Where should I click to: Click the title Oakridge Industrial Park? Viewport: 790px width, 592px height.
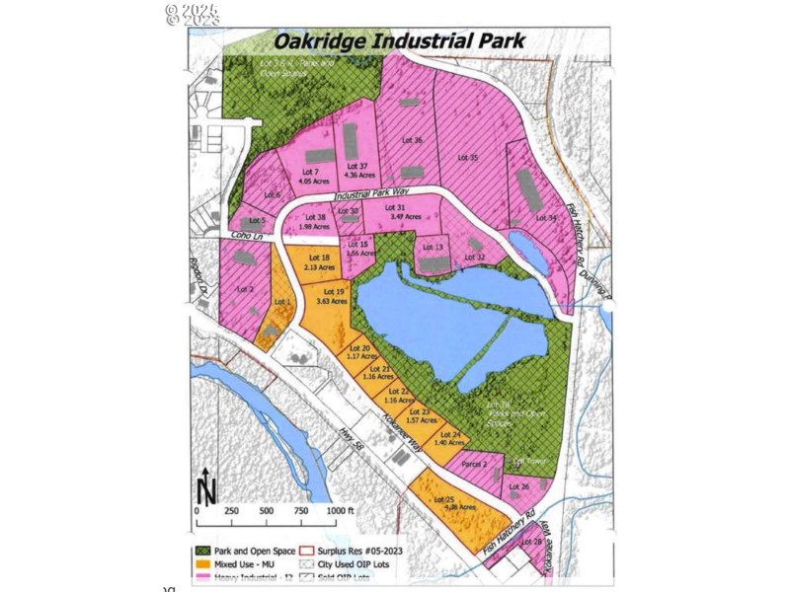(x=399, y=41)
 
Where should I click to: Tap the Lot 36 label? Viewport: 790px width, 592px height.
(x=412, y=141)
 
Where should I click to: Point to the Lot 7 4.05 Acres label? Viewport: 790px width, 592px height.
(x=309, y=177)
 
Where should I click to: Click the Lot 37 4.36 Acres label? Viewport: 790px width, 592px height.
(x=356, y=171)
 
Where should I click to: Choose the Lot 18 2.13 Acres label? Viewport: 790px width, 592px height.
(x=319, y=262)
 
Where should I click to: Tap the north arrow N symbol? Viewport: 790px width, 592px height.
(x=206, y=486)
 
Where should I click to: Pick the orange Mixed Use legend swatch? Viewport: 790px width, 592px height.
(x=204, y=563)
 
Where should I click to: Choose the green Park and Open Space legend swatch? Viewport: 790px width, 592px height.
(x=204, y=550)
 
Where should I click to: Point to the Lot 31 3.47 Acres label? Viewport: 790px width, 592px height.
(x=395, y=211)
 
